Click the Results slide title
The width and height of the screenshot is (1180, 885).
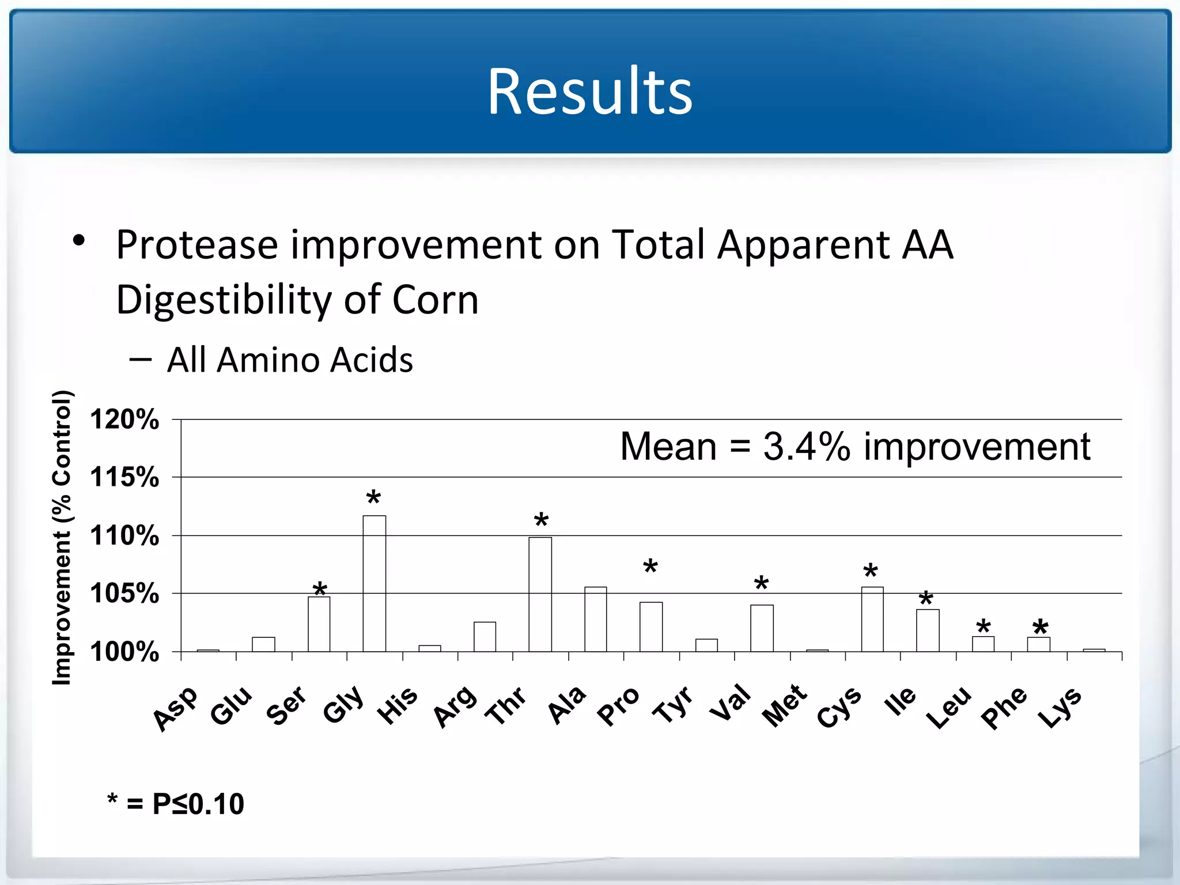(x=590, y=91)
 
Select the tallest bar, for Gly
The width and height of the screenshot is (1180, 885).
(x=375, y=583)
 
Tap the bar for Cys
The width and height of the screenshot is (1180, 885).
(x=872, y=619)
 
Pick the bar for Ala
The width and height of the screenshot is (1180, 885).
(x=596, y=619)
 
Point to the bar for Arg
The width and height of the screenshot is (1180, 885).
(x=485, y=636)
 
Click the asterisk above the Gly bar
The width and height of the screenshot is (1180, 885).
(x=373, y=498)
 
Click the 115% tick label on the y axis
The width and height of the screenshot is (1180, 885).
(x=124, y=477)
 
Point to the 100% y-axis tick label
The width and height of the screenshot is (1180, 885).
(x=124, y=652)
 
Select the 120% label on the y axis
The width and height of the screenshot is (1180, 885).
(x=124, y=419)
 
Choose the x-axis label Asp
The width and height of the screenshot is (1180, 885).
(x=175, y=709)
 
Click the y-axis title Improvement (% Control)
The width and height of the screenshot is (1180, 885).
(x=62, y=538)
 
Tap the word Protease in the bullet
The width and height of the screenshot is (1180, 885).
(x=198, y=245)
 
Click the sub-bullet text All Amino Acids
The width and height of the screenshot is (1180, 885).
(x=290, y=360)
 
